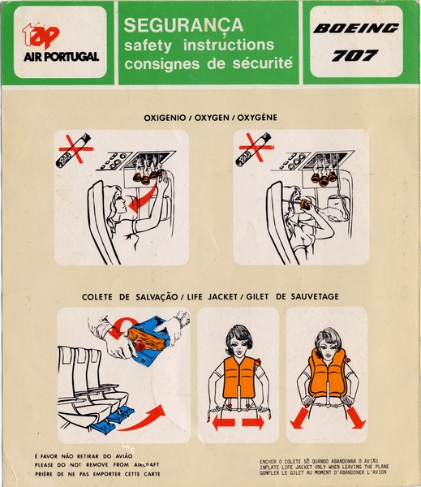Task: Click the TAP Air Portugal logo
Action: coord(59,43)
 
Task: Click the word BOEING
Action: coord(357,29)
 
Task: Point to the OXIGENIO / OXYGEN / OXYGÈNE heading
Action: coord(210,118)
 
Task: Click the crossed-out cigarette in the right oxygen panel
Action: coord(255,151)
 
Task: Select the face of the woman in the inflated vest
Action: coord(329,343)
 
